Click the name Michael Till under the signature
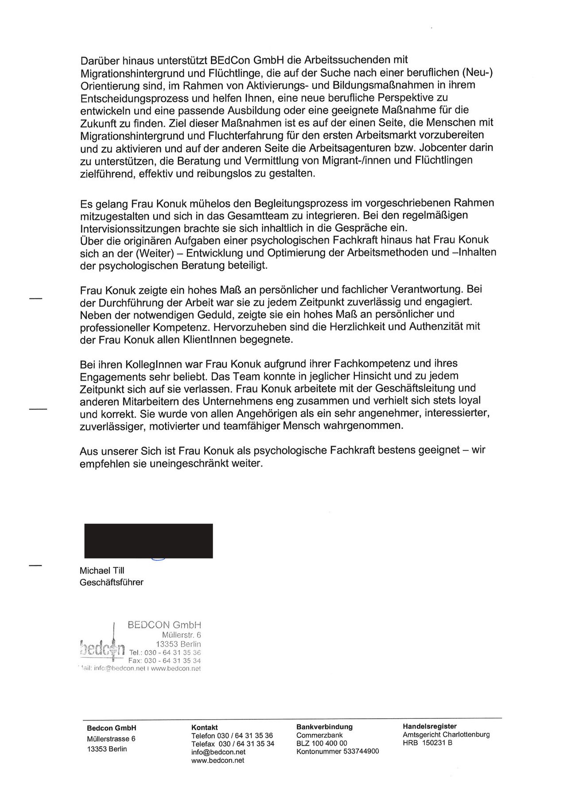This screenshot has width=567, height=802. click(102, 570)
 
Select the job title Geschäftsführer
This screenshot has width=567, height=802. click(112, 582)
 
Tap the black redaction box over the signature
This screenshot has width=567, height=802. click(148, 541)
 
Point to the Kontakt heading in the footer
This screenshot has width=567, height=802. click(204, 728)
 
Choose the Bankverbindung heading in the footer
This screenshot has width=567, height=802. click(324, 727)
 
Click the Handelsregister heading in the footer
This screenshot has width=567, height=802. click(430, 726)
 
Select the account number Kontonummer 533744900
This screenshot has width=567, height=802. click(338, 752)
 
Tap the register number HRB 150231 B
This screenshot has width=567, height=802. click(427, 743)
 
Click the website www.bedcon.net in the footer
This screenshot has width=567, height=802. click(217, 760)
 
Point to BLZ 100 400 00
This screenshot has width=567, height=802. click(322, 744)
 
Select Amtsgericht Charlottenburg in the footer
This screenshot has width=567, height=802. click(446, 735)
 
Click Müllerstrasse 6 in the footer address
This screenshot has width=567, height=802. click(111, 739)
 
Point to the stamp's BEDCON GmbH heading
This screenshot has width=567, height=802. click(164, 625)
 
